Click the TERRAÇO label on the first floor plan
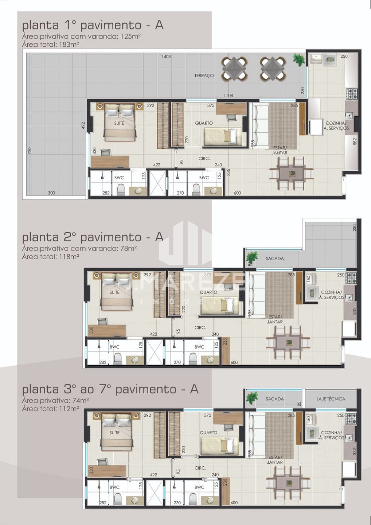point(204,75)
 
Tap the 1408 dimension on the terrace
point(166,57)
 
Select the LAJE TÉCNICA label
point(331,399)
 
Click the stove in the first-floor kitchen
point(352,93)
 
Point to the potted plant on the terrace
point(299,59)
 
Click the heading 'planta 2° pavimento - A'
point(93,237)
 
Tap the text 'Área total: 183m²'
point(50,44)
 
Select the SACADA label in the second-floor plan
point(275,258)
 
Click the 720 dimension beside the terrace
point(30,151)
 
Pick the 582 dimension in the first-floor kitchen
point(355,141)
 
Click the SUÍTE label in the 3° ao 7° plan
point(114,432)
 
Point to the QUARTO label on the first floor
point(204,123)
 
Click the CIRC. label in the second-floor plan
point(200,327)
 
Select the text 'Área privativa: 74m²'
point(55,400)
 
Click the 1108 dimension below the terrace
point(228,96)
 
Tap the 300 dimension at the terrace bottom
point(51,193)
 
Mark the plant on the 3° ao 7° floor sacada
point(252,398)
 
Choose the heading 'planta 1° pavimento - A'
point(93,25)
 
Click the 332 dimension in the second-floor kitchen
point(354,311)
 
